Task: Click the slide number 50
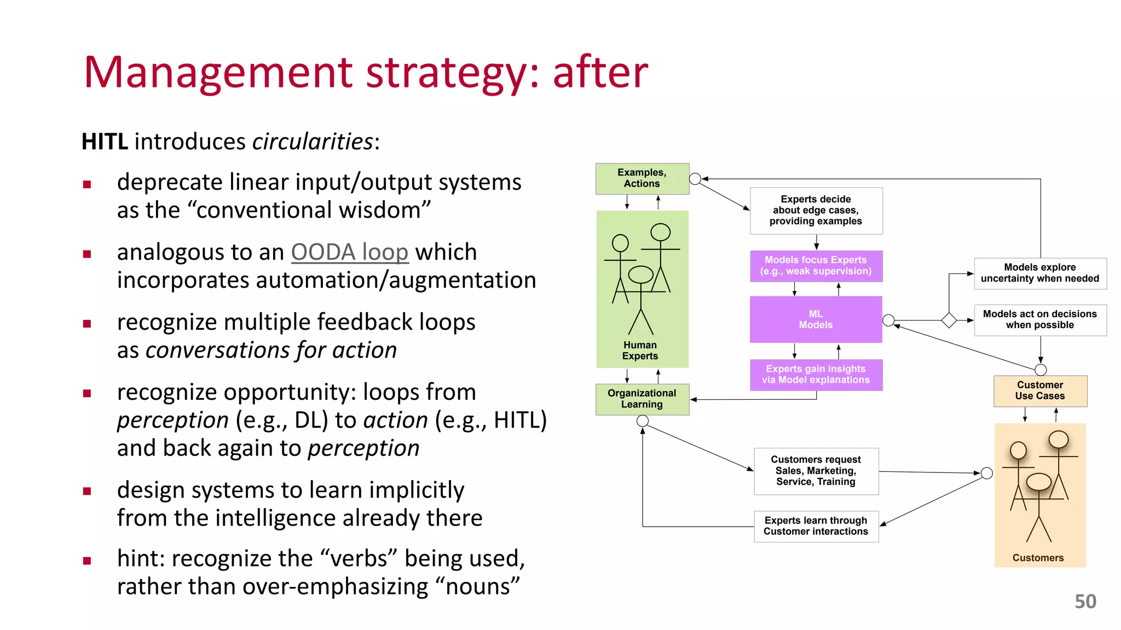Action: (x=1085, y=602)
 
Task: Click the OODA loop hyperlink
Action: (x=349, y=252)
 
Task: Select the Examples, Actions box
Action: (x=642, y=178)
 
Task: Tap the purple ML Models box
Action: (x=816, y=319)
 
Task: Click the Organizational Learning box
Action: (x=642, y=399)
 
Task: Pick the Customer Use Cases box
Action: (x=1040, y=390)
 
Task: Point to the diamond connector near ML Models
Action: (x=949, y=320)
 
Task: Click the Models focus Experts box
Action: (x=816, y=266)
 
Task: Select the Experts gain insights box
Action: (x=816, y=375)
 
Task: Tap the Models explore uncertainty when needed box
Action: (x=1040, y=273)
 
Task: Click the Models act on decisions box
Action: (x=1040, y=319)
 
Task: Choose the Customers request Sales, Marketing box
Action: (x=816, y=471)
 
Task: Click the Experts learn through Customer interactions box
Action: (x=816, y=526)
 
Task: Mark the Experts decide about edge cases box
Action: (x=816, y=211)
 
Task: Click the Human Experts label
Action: (x=640, y=351)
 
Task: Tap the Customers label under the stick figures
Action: (x=1038, y=558)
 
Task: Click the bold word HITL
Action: (x=105, y=142)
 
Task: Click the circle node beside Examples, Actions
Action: (x=695, y=179)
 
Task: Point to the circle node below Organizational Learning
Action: (x=643, y=421)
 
